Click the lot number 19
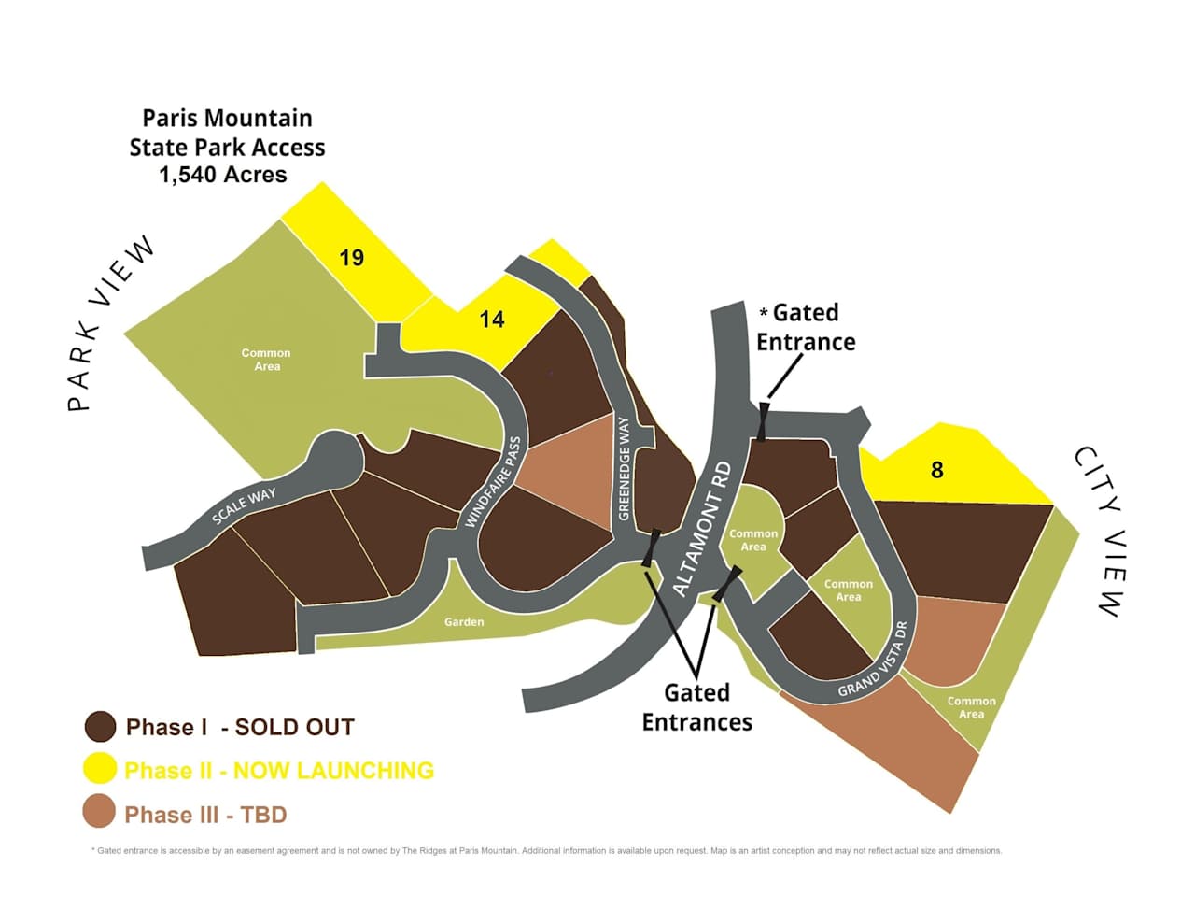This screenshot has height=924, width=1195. point(351,258)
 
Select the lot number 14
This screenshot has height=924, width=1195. point(492,320)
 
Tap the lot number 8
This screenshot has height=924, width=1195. point(936,470)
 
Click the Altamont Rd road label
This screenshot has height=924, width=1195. point(702,529)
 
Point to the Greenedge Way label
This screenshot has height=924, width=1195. point(624,469)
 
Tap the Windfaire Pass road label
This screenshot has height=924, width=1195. point(493,482)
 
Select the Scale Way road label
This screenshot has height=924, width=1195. point(244,505)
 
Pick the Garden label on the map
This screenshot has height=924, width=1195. point(464,621)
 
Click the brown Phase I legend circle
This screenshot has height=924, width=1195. point(100,726)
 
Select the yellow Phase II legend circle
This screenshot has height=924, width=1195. point(100,769)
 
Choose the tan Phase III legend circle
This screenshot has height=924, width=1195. point(100,812)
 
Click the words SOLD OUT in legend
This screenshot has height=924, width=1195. point(294,727)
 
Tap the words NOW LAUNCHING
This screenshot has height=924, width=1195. point(333,771)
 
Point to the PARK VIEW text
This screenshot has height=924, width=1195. point(110,323)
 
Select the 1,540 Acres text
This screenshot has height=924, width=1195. point(223,175)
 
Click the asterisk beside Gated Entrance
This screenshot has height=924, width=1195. point(763,312)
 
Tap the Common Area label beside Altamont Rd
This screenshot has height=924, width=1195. point(753,540)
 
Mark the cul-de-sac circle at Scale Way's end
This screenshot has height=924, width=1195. point(332,458)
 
